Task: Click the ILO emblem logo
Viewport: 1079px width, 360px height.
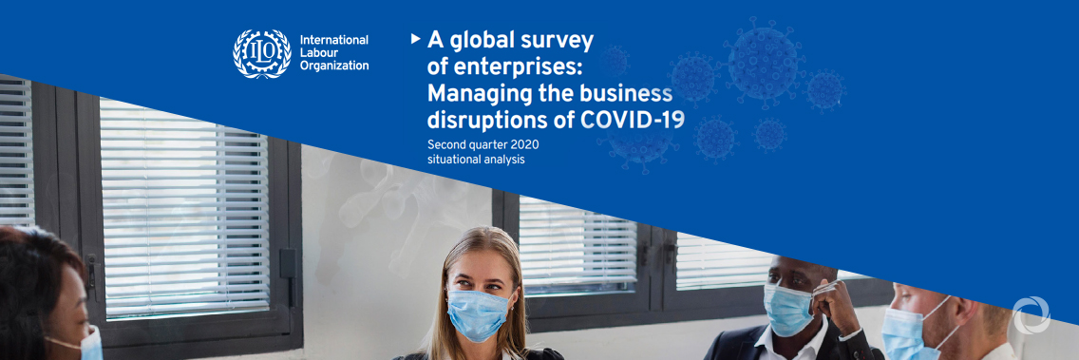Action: [262, 54]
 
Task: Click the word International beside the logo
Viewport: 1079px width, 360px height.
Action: [333, 40]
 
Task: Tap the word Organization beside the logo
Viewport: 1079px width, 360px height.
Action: [334, 66]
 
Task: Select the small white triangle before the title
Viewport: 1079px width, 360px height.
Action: [416, 39]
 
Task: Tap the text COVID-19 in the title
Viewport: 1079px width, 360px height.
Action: [634, 120]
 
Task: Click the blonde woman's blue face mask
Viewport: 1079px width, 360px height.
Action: [479, 314]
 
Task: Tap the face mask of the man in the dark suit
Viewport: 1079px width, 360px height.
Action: [789, 309]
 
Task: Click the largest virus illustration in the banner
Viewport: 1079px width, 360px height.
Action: [763, 61]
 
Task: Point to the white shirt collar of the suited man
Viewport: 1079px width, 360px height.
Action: [791, 343]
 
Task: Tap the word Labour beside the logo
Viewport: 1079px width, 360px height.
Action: [317, 53]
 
